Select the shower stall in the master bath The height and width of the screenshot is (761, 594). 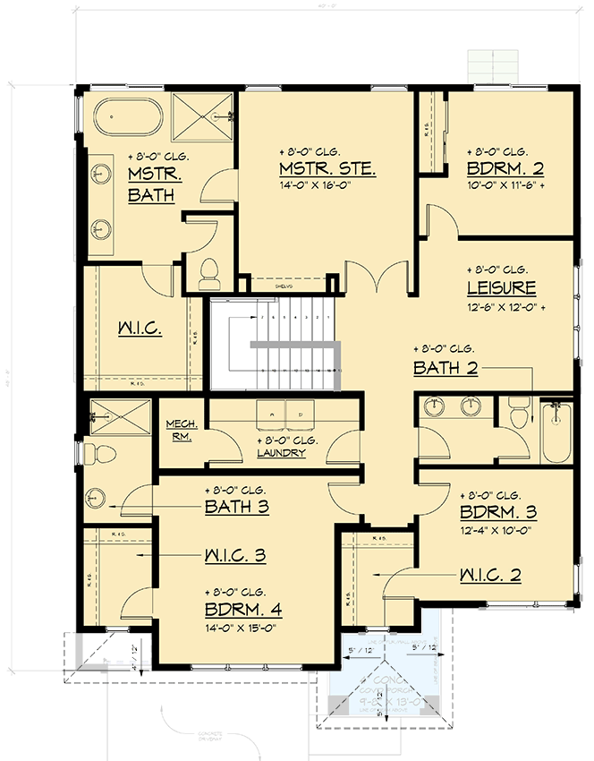pos(202,115)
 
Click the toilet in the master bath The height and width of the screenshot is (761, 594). pos(210,274)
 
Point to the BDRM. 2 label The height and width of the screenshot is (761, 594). pos(505,169)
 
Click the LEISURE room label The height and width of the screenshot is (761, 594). pos(501,287)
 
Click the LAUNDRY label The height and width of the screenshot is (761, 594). pos(280,453)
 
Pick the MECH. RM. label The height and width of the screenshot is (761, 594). pos(182,430)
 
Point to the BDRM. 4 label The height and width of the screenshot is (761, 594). pos(243,611)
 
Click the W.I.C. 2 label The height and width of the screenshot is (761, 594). pos(490,574)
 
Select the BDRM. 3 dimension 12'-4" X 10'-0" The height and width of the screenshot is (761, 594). pos(496,530)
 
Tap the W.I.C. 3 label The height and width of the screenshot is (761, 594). pos(234,556)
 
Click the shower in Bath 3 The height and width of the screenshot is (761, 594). pos(112,416)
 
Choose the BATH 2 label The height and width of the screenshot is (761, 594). pos(445,368)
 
